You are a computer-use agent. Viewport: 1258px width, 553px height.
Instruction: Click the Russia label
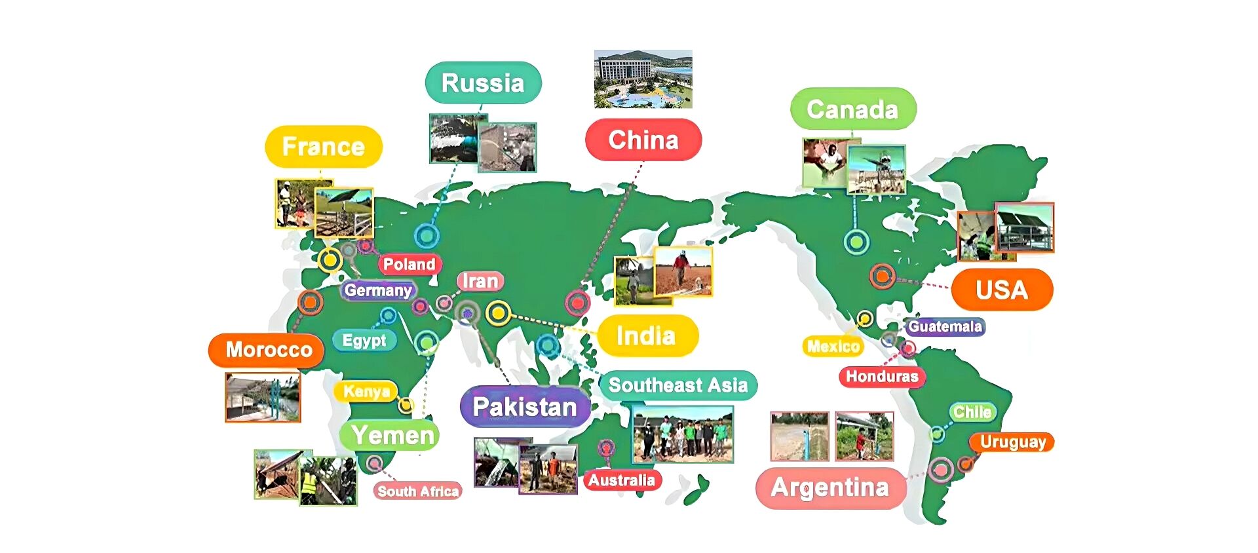tap(483, 83)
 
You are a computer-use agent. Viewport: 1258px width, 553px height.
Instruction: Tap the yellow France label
tap(323, 147)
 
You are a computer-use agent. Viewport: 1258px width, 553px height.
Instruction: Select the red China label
tap(643, 140)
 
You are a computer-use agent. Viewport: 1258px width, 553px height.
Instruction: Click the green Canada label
tap(852, 109)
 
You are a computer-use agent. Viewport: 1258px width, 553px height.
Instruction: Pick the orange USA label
tap(1001, 290)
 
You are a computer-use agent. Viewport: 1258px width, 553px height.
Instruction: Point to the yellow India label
tap(646, 336)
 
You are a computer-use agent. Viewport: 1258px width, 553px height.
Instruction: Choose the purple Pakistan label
tap(525, 407)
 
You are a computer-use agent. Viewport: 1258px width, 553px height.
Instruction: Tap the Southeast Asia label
tap(678, 385)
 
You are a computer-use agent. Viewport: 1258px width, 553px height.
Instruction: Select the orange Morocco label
tap(268, 350)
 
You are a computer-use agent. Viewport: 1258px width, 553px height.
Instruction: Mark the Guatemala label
tap(945, 326)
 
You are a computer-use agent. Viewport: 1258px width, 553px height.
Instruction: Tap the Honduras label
tap(882, 376)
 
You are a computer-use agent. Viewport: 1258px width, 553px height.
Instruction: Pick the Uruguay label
tap(1012, 442)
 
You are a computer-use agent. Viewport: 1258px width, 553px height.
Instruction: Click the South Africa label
tap(418, 491)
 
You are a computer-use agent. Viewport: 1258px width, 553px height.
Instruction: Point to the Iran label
tap(480, 282)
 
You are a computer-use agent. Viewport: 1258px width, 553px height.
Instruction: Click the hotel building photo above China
tap(643, 79)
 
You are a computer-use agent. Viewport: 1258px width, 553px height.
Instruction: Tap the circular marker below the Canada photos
tap(856, 242)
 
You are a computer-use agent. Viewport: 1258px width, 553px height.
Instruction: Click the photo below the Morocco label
tap(263, 398)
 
